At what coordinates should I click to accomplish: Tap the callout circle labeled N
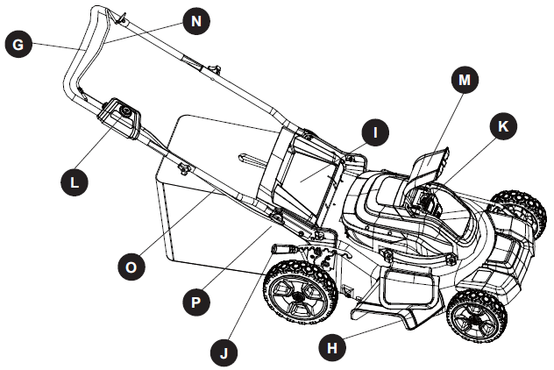coord(198,21)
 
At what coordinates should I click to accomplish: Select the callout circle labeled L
coord(75,181)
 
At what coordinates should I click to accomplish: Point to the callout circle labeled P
coord(196,301)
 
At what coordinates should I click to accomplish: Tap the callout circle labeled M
coord(465,80)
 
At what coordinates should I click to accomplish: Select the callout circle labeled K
coord(502,126)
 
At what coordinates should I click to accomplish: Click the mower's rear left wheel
coord(302,297)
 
